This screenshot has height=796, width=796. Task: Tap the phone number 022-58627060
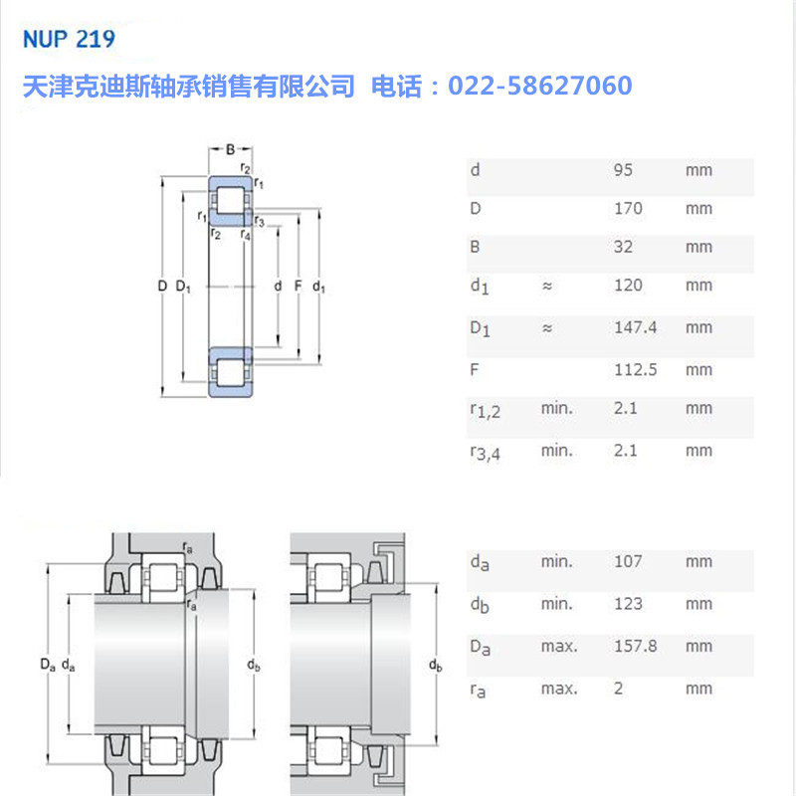(540, 87)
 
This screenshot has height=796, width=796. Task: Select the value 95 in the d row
(623, 170)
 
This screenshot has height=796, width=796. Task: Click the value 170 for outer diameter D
(628, 209)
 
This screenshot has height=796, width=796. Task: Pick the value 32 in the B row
(623, 247)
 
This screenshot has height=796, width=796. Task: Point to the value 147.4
(635, 327)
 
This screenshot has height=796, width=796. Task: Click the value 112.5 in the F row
(635, 370)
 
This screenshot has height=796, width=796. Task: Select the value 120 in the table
(628, 286)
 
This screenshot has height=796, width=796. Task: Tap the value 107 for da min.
(628, 561)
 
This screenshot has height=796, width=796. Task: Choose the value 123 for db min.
(628, 604)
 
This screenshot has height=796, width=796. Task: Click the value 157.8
(635, 647)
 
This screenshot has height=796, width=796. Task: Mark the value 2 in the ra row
(618, 689)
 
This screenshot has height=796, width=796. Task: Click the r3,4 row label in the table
(486, 452)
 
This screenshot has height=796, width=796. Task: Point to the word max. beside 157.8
(559, 647)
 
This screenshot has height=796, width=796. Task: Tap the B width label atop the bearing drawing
(230, 149)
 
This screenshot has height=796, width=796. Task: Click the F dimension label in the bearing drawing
(298, 287)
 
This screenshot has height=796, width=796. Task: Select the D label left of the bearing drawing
(162, 287)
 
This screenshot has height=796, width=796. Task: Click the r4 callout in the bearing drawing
(246, 235)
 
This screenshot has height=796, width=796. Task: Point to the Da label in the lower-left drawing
(46, 664)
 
